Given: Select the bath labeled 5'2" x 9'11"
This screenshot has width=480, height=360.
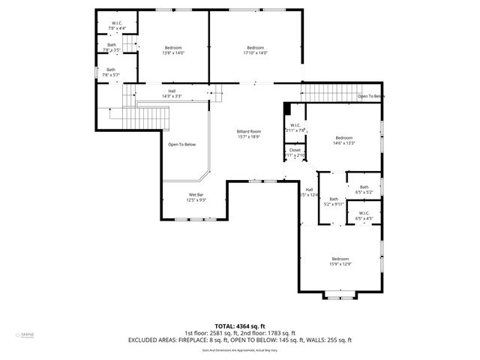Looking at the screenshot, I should tap(333, 199).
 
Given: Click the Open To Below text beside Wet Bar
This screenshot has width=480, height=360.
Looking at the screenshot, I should tap(181, 144).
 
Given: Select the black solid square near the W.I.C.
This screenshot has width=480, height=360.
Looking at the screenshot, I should tap(287, 109).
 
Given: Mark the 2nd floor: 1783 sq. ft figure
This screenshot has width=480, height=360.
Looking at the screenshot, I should tap(268, 333).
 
